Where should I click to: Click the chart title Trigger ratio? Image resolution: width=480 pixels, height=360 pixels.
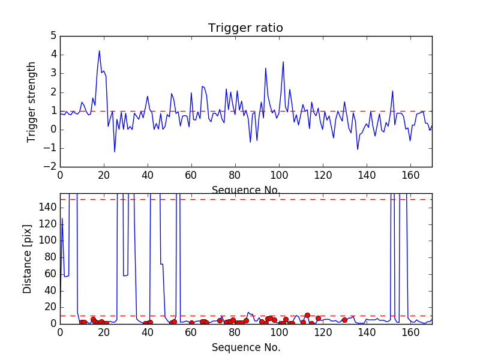[x=245, y=28]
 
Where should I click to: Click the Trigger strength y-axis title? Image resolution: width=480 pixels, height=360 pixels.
[x=32, y=102]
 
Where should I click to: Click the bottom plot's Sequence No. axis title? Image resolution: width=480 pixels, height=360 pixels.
[x=245, y=347]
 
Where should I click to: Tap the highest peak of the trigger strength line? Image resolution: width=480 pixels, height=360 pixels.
[x=100, y=50]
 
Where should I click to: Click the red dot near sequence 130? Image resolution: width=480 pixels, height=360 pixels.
[x=344, y=320]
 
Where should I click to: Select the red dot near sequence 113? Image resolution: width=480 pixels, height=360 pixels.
[x=307, y=315]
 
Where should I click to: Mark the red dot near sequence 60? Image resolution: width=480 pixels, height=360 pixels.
[x=191, y=323]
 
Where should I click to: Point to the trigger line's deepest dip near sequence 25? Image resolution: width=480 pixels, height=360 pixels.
[x=115, y=152]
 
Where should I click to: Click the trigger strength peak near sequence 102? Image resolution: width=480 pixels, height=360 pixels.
[x=283, y=62]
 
